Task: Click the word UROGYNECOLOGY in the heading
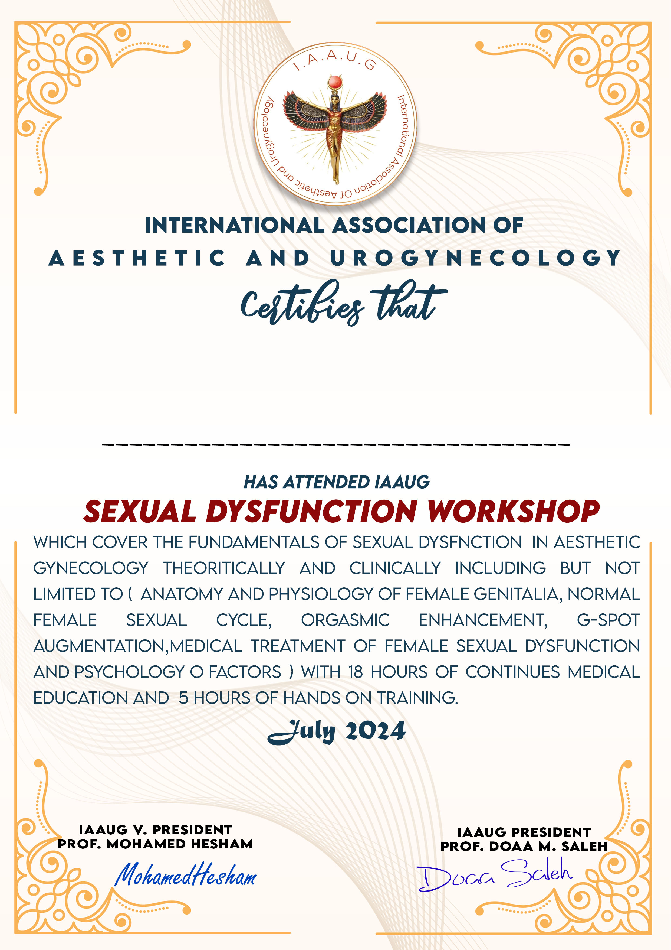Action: click(x=475, y=258)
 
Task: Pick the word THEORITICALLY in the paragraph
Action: click(x=224, y=568)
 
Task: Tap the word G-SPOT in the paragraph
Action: click(x=608, y=620)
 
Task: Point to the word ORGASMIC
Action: click(x=345, y=620)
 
